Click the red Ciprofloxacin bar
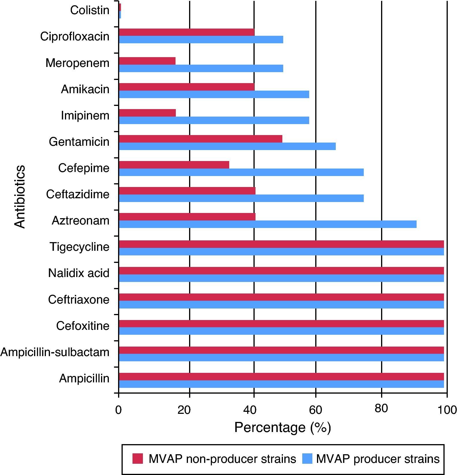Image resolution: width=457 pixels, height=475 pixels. pos(186,32)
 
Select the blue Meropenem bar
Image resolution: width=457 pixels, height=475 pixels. pos(201,68)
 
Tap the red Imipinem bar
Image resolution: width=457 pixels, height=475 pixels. pos(147,113)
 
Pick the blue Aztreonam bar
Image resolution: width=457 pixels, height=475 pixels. pos(268,224)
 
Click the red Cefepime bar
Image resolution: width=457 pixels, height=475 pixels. pos(174,165)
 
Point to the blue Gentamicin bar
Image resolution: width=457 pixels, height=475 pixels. pos(227,146)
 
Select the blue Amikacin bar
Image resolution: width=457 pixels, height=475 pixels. pos(214,94)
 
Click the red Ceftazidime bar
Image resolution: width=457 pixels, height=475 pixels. pos(187,191)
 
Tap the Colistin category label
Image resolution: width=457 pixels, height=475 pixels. pos(90,10)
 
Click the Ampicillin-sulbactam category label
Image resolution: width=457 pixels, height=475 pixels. pos(55,352)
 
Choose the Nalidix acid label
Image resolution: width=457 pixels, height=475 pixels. pos(79,273)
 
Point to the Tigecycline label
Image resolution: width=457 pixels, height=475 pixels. pos(79,247)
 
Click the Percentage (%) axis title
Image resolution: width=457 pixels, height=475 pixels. pos(283,427)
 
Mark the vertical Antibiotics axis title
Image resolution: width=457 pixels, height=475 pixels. pos(20,197)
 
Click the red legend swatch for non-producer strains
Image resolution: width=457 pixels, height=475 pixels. pos(138,459)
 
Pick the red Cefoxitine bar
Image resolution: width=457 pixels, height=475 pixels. pos(281,323)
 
